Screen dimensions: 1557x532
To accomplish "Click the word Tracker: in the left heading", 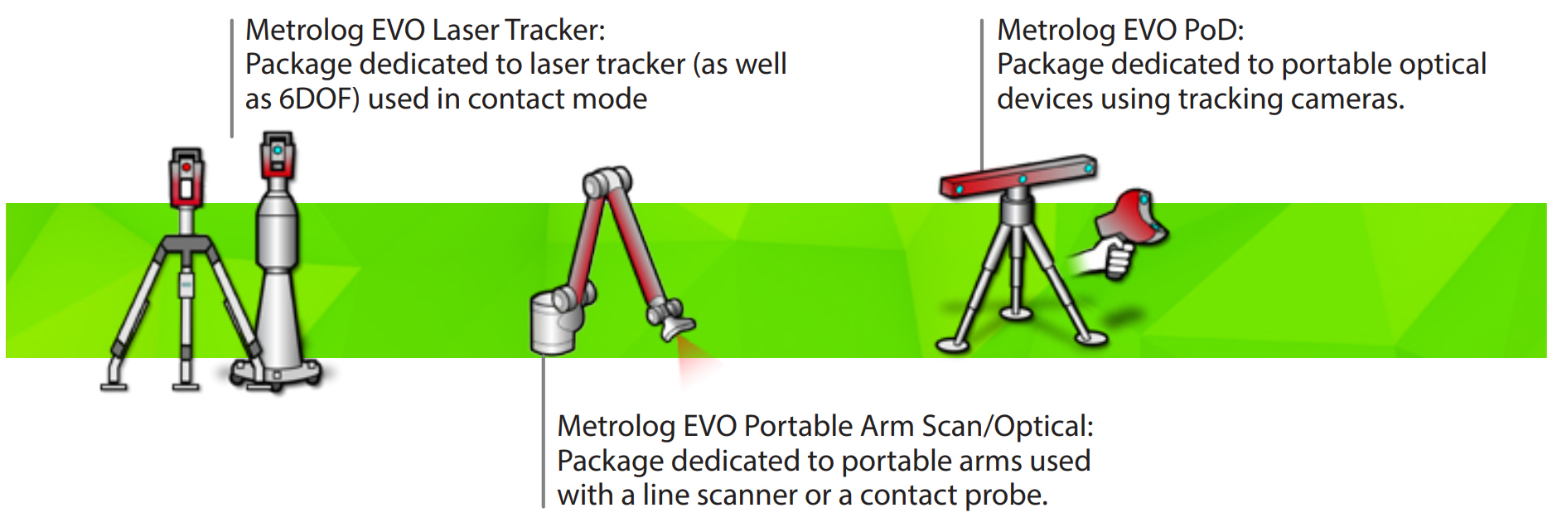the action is tap(555, 30).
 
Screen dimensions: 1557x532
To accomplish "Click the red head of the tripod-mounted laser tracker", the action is tap(186, 178).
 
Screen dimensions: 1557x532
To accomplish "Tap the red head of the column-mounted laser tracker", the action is tap(278, 156).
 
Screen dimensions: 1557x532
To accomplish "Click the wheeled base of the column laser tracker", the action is tap(276, 372).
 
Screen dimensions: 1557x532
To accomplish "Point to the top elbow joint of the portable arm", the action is tap(607, 181).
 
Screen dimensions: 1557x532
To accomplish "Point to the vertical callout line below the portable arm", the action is tap(544, 431).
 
